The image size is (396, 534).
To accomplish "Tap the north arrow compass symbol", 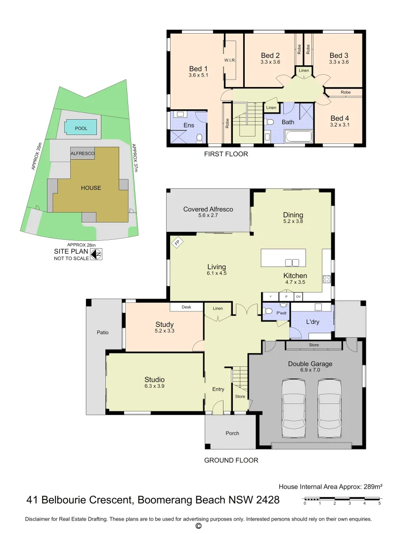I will tap(97, 254).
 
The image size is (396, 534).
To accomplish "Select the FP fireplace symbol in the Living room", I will tap(176, 243).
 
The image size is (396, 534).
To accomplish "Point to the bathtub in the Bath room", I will tap(298, 136).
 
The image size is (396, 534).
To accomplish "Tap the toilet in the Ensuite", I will tap(199, 138).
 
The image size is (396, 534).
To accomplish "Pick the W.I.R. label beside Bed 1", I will tap(229, 60).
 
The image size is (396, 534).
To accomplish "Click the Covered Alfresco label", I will tap(208, 209).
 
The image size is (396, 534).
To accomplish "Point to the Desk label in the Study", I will tap(186, 307).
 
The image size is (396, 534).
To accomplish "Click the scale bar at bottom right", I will tap(342, 501).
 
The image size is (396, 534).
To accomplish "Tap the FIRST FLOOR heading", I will tap(226, 154).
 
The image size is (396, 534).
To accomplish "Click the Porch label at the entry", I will tap(232, 433).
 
